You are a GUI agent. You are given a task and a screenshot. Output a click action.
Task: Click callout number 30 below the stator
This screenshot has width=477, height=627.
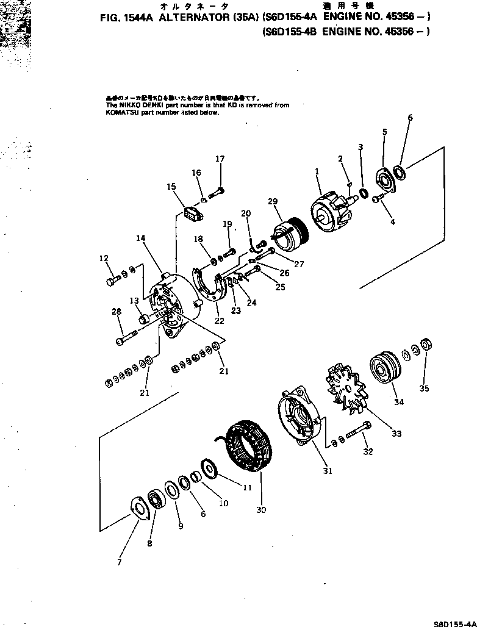coord(262,510)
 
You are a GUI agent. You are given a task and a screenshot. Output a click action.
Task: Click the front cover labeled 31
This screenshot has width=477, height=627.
coord(299,415)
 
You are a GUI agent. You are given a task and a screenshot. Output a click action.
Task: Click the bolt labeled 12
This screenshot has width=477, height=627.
coord(113,279)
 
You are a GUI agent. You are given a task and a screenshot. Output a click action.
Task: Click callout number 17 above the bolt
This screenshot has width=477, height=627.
coord(220,159)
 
